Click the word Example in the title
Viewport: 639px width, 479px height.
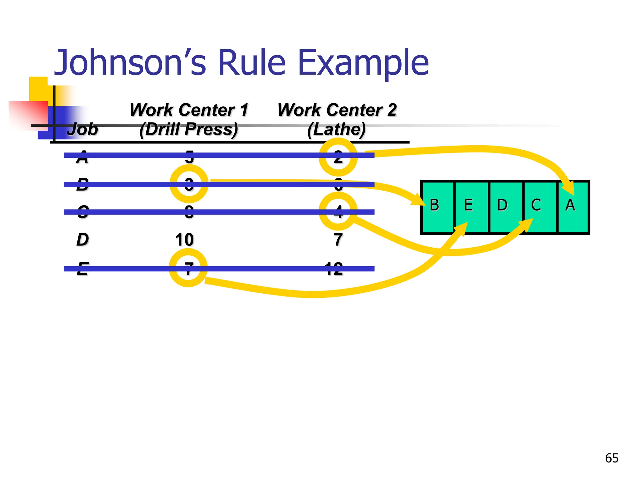(363, 63)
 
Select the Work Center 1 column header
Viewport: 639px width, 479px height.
(189, 110)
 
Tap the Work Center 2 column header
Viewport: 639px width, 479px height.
(337, 110)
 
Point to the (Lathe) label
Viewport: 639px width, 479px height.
(336, 129)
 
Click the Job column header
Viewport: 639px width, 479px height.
(82, 129)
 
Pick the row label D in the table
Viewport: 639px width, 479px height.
(82, 239)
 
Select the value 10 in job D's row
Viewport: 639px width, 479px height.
(184, 239)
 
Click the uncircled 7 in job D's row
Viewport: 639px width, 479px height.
(338, 239)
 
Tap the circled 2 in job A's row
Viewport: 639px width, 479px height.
(338, 157)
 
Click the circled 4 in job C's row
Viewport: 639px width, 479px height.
(338, 211)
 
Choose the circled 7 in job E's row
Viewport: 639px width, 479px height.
(188, 268)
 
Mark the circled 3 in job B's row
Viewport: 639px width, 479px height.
(189, 184)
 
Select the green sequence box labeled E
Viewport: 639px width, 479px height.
(471, 207)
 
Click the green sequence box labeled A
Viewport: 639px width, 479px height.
(573, 207)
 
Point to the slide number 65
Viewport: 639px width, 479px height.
(612, 458)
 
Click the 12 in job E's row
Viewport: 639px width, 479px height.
(334, 268)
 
